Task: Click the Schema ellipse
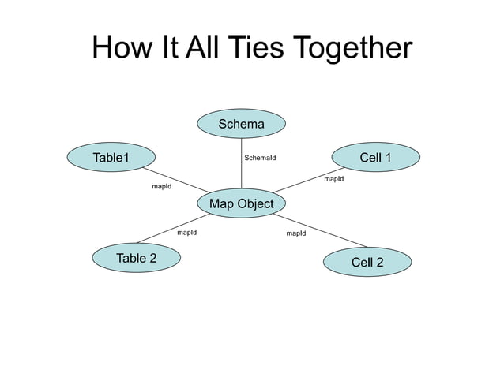click(x=242, y=124)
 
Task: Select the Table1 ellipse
click(x=111, y=158)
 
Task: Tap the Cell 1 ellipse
click(x=375, y=158)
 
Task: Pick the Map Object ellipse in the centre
click(x=242, y=203)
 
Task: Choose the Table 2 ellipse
click(x=137, y=258)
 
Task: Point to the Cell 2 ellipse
click(x=367, y=262)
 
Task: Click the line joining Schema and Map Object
click(x=242, y=170)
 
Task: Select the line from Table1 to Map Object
click(x=175, y=181)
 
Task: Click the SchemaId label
click(x=260, y=158)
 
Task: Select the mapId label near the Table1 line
click(x=162, y=187)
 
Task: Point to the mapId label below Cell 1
click(x=334, y=179)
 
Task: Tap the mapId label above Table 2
click(x=186, y=233)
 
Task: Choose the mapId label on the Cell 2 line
click(x=296, y=233)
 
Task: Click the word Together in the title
click(x=353, y=49)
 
